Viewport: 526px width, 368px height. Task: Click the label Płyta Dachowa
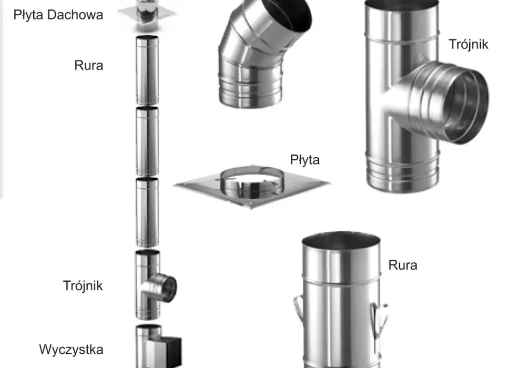point(58,15)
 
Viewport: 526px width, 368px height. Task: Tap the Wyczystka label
point(71,350)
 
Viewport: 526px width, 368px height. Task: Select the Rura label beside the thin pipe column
point(88,65)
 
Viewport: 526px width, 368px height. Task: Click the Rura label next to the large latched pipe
point(402,265)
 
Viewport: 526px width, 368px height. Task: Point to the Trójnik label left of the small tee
point(83,286)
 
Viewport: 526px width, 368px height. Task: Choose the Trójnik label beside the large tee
point(468,44)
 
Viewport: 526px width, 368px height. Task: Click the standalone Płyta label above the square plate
point(305,160)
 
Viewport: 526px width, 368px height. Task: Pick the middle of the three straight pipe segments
point(147,141)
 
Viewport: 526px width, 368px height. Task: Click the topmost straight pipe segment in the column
point(147,70)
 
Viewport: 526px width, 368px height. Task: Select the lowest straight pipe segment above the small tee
point(147,212)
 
